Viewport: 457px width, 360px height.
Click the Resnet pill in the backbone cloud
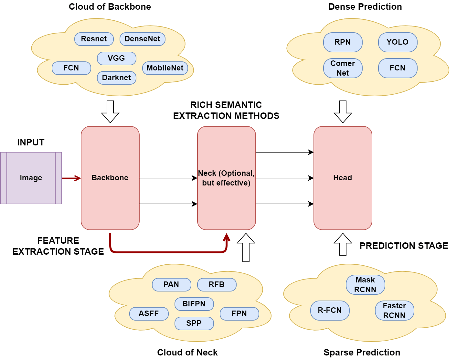[94, 39]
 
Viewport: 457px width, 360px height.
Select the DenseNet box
[143, 39]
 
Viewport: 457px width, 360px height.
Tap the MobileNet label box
[165, 68]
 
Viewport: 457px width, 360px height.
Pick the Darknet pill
[117, 78]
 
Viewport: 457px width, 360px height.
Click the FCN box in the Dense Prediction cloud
[398, 68]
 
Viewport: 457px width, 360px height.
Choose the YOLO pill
[398, 42]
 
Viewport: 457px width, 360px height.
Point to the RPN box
[343, 42]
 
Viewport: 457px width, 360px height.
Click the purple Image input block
[31, 178]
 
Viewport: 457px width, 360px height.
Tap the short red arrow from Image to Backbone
[71, 178]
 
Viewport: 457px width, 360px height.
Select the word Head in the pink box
[343, 178]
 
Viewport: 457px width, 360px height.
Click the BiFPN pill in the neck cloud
[194, 304]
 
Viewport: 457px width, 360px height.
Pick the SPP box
[194, 323]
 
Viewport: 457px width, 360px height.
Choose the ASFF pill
[149, 314]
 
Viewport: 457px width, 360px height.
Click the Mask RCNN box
[365, 285]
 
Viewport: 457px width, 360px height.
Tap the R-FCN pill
[330, 311]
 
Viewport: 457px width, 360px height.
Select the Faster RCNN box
[394, 311]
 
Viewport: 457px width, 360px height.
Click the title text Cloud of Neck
[187, 353]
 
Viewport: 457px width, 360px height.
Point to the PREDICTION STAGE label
[404, 246]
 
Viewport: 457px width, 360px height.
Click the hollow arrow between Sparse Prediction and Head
[343, 245]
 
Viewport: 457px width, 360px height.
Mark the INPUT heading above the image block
[31, 143]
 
